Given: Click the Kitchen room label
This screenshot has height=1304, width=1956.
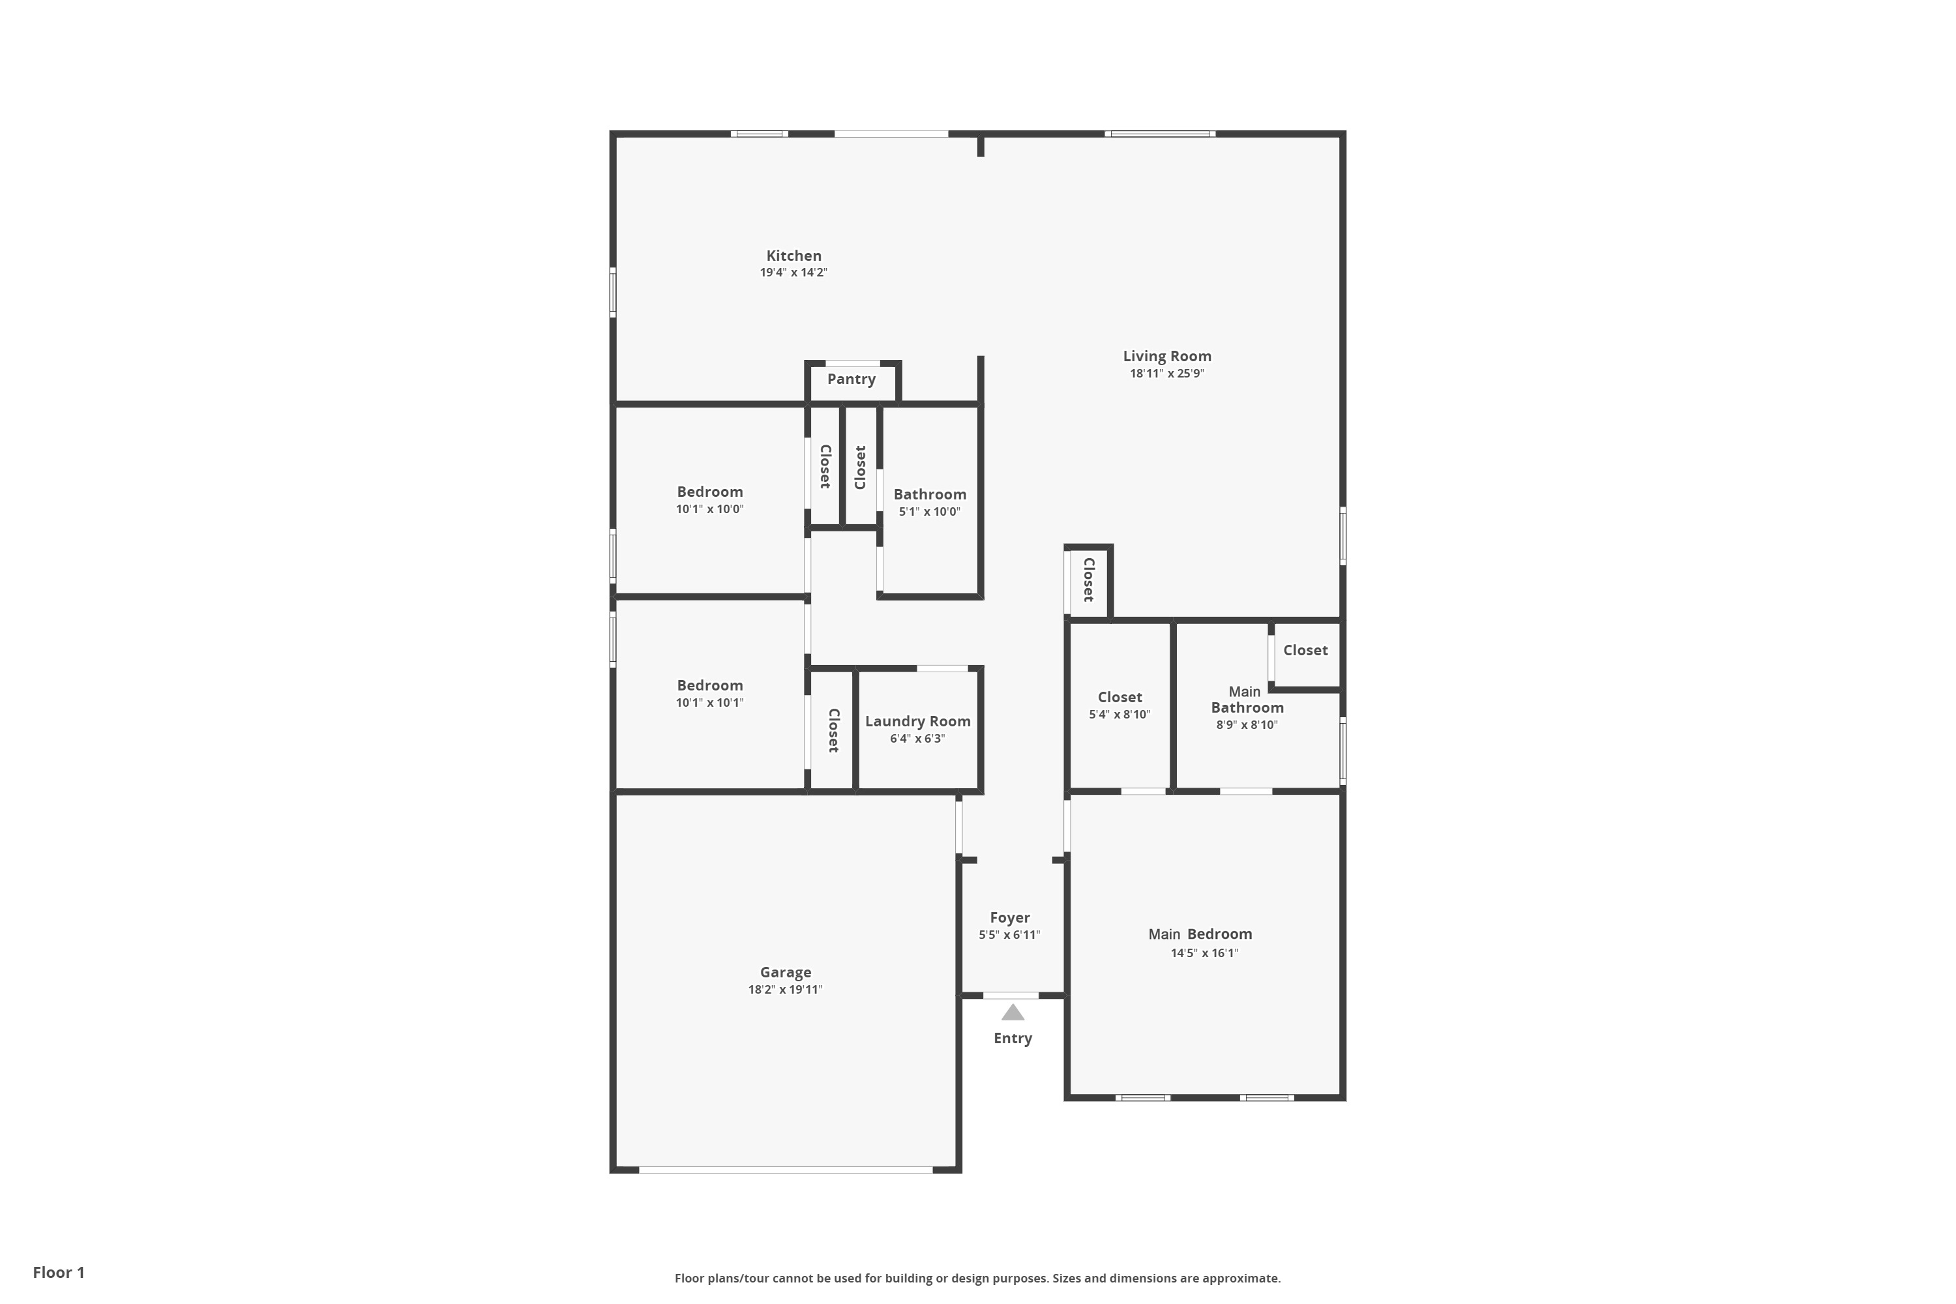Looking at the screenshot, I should click(x=793, y=256).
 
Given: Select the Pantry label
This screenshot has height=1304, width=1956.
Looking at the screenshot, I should click(x=851, y=379).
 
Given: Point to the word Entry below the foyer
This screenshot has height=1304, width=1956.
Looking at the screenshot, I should click(x=1012, y=1038).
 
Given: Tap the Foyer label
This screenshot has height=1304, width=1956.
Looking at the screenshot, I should click(x=1009, y=917).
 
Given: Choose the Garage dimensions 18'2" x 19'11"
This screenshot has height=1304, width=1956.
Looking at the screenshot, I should click(x=785, y=990).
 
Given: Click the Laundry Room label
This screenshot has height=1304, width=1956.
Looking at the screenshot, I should click(x=917, y=721).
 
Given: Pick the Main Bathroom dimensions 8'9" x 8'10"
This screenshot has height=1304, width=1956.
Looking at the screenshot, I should click(x=1247, y=725).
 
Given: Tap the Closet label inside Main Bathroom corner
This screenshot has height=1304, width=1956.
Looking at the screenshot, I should click(x=1305, y=650).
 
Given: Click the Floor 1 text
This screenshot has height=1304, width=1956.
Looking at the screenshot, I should click(x=58, y=1273).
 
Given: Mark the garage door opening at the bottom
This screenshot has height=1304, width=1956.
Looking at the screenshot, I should click(x=785, y=1169).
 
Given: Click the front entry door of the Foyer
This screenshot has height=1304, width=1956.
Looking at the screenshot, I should click(x=1011, y=996).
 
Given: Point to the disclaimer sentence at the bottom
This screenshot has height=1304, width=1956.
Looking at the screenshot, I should click(x=977, y=1278).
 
